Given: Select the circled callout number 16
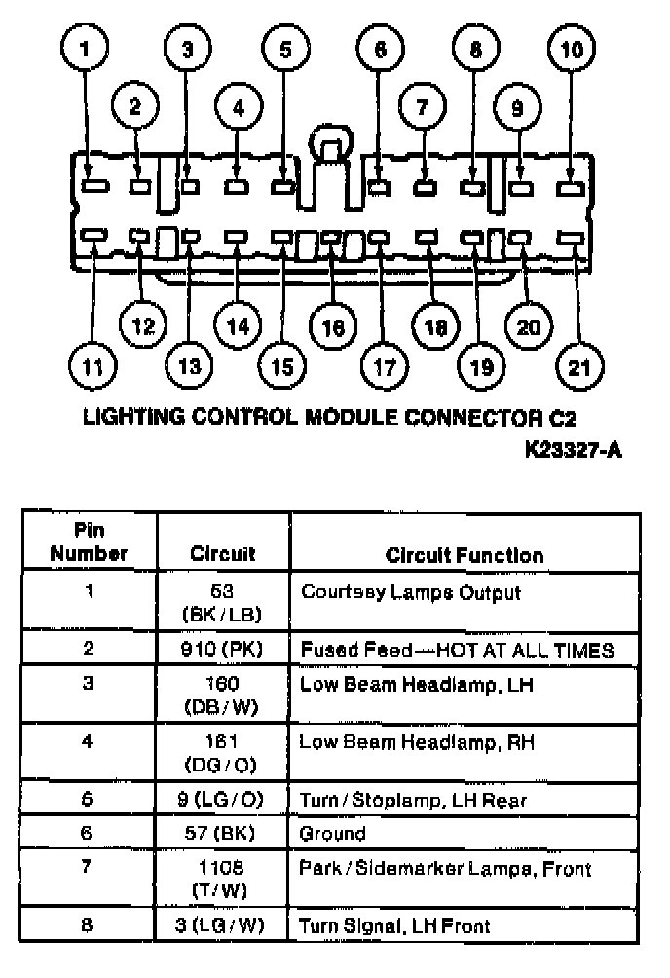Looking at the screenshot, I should (331, 327).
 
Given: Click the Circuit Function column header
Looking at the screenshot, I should (464, 555).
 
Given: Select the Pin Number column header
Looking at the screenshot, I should (89, 543).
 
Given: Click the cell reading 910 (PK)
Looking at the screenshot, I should (223, 650).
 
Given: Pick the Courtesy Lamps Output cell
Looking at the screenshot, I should (410, 592).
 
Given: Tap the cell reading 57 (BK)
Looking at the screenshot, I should (223, 834).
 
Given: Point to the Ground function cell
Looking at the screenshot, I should (333, 834).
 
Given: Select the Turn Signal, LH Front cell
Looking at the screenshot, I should (394, 925).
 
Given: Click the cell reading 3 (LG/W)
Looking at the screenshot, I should (223, 925).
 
